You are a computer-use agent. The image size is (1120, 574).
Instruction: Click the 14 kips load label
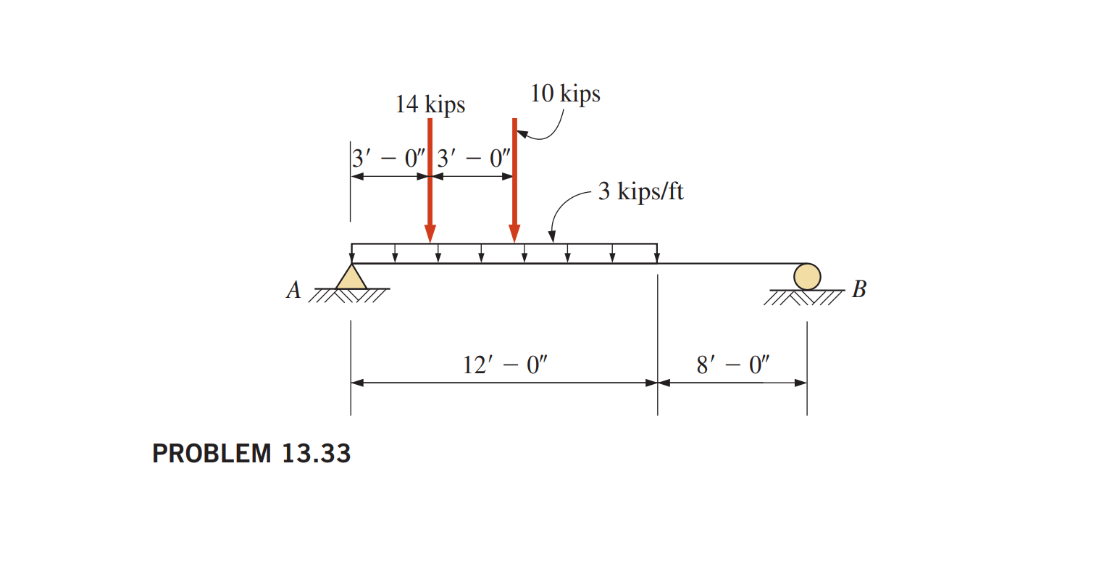430,104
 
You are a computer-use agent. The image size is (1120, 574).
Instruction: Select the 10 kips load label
565,94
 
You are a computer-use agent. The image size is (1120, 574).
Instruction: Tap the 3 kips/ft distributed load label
640,191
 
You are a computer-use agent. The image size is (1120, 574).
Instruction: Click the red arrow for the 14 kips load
430,181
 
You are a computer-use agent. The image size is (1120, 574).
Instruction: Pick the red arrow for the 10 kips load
514,181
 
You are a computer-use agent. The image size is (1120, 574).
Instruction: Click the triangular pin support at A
351,278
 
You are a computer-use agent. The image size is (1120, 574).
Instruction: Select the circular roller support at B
806,276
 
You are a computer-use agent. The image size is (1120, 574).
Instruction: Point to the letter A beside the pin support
293,290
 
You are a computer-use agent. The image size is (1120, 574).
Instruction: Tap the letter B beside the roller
858,289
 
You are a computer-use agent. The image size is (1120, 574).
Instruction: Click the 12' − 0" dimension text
505,365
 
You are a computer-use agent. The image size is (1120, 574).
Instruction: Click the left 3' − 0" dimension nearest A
389,159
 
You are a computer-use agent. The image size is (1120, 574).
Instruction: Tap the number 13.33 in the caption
316,454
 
